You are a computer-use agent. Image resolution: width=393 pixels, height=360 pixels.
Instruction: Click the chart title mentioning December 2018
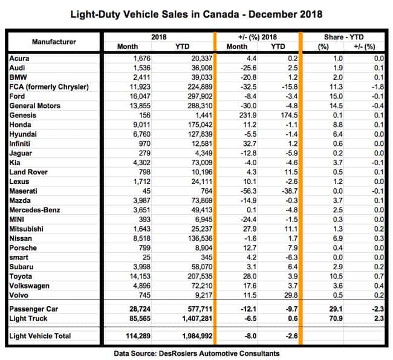point(196,13)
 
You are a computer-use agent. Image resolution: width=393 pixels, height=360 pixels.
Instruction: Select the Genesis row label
point(24,114)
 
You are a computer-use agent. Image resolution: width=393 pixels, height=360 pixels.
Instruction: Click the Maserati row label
point(25,190)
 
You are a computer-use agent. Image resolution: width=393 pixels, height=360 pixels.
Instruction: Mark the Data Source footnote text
point(196,353)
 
